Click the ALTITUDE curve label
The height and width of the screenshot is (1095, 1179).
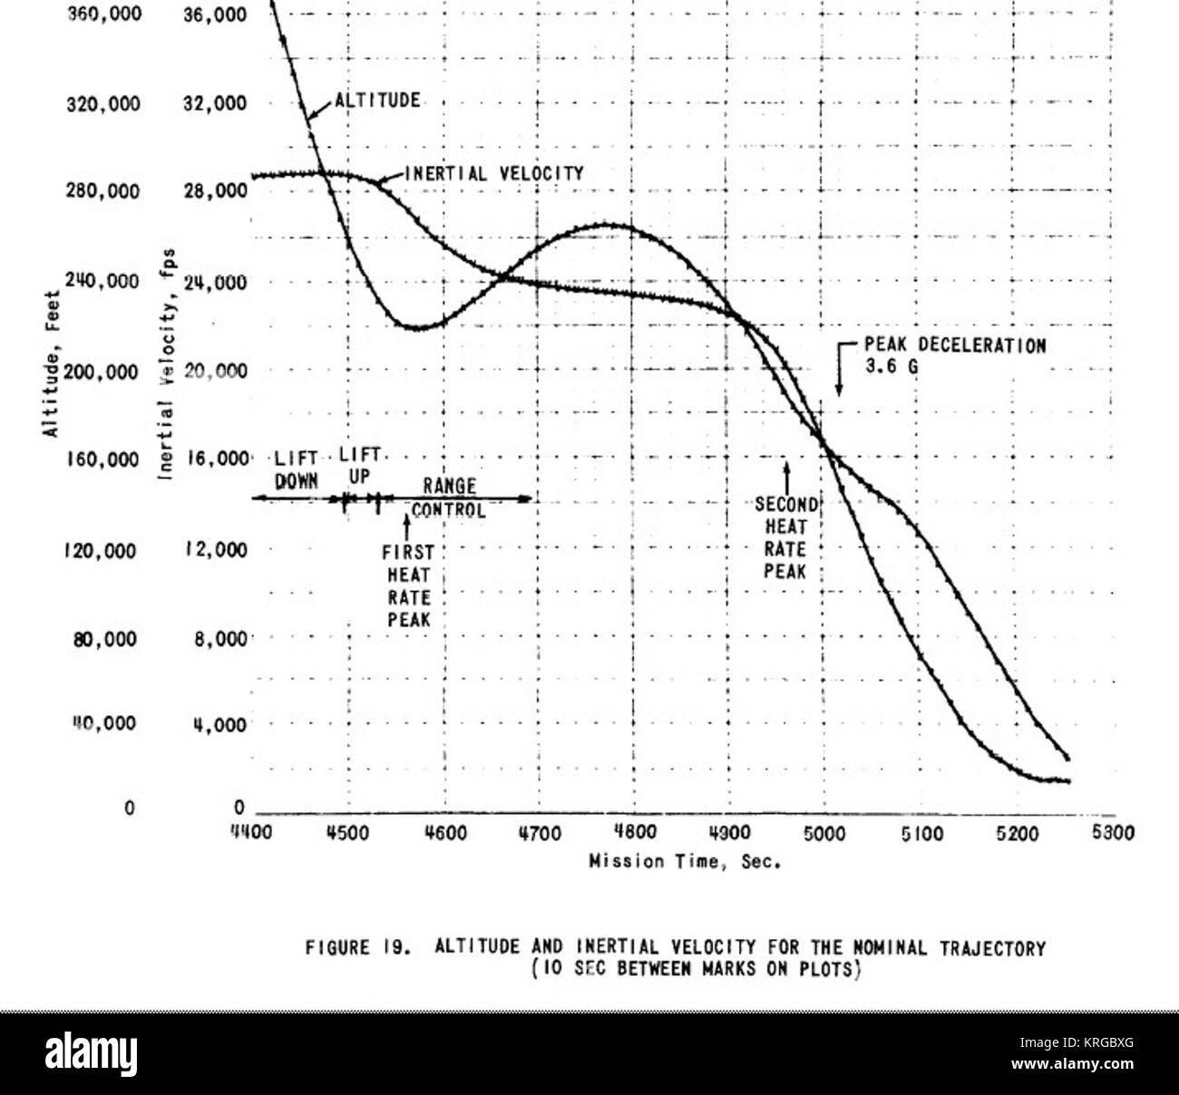(377, 100)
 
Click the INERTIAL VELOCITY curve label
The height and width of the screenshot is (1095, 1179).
(493, 173)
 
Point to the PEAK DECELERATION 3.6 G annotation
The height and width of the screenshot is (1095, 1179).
(954, 355)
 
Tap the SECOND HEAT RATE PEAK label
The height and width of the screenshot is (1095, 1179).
(785, 538)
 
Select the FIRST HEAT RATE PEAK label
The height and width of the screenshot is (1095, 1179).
(408, 586)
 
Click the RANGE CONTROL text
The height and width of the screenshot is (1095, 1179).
(449, 499)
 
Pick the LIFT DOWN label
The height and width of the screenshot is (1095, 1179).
(297, 469)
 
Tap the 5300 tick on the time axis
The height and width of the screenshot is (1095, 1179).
(1113, 833)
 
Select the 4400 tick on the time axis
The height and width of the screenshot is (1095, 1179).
(251, 833)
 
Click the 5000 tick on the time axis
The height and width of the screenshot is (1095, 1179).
(824, 833)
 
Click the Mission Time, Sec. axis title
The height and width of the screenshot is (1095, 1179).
(686, 862)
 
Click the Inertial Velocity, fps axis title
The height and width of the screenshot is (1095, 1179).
(171, 363)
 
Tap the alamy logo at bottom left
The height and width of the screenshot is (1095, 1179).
(92, 1053)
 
